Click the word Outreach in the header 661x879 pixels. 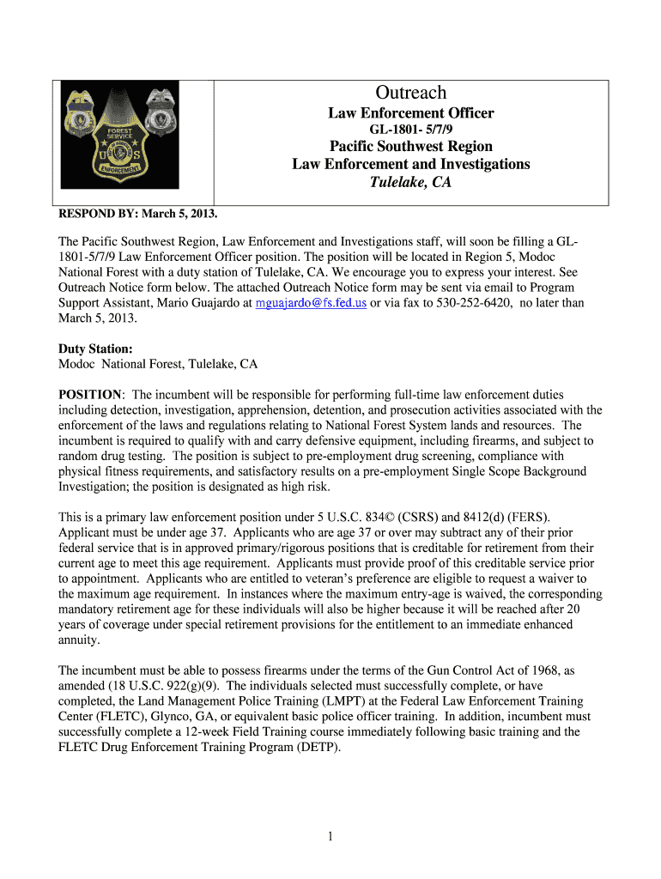coord(410,93)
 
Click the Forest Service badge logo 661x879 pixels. coord(118,135)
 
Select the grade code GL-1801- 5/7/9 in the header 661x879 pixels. coord(411,130)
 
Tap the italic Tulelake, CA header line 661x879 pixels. coord(410,182)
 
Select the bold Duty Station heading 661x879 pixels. coord(95,349)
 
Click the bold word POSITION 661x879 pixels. coord(89,394)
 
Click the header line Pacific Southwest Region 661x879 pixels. coord(411,147)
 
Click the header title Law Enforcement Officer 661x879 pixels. coord(411,113)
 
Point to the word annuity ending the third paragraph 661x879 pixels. coord(79,640)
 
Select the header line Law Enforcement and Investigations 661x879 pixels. coord(411,164)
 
